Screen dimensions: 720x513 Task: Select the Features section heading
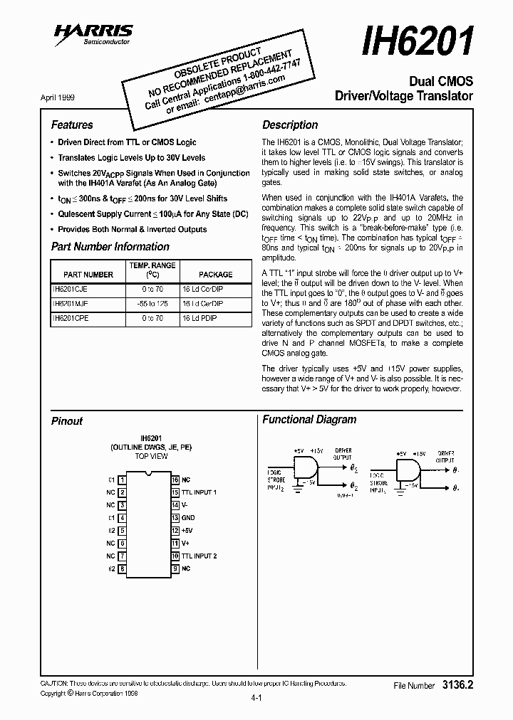(x=72, y=125)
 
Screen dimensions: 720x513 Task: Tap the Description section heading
(x=290, y=125)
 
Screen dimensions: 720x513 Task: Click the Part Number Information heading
(x=110, y=247)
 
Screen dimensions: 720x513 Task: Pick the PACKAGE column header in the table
(x=215, y=274)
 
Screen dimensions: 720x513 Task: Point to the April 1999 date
(x=58, y=97)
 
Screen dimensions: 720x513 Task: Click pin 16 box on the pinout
(x=175, y=480)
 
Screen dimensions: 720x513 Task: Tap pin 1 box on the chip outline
(x=123, y=480)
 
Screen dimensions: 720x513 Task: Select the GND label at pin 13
(x=188, y=518)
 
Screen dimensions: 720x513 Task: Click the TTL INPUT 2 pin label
(x=199, y=556)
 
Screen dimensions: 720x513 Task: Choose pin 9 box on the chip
(x=175, y=568)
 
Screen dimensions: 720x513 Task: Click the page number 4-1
(x=257, y=699)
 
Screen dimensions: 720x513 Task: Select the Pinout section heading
(x=67, y=421)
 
